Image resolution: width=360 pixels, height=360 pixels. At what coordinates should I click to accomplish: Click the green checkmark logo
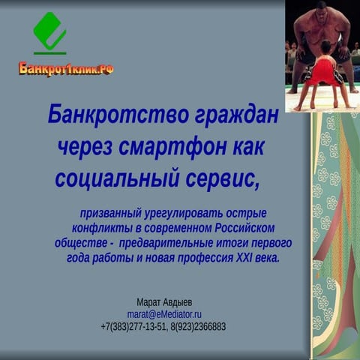[49, 32]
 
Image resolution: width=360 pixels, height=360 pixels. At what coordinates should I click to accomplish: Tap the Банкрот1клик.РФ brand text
[66, 69]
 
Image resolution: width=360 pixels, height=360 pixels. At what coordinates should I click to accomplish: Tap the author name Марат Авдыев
[164, 301]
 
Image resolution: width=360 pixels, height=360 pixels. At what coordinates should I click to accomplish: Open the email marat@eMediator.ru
[164, 313]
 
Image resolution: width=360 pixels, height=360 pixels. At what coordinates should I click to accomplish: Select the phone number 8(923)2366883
[198, 326]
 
